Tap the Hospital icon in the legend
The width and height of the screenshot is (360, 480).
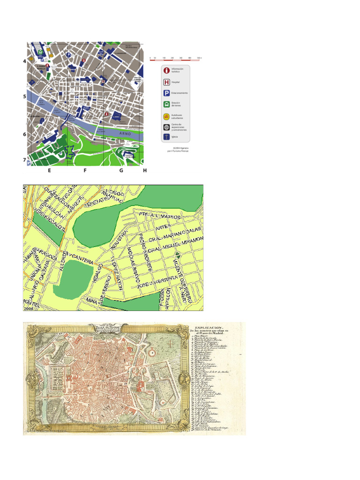click(x=166, y=82)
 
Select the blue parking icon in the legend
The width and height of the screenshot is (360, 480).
click(x=166, y=93)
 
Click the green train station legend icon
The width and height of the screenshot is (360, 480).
click(x=166, y=104)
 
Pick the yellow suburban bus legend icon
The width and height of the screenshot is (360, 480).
click(x=166, y=116)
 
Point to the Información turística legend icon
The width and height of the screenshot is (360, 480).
click(x=166, y=70)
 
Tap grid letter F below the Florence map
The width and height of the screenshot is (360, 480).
click(x=85, y=171)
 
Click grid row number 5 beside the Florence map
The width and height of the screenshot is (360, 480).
click(x=24, y=97)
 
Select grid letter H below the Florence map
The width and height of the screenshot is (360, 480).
click(x=145, y=171)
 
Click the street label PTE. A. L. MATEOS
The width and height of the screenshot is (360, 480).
click(x=159, y=216)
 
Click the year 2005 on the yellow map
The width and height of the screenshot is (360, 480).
click(x=28, y=308)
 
